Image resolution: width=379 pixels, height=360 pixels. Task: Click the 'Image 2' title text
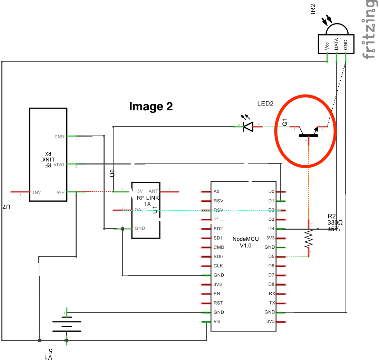151,107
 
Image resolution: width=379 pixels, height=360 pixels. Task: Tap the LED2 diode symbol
248,127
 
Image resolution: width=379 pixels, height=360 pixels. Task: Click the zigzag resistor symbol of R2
308,239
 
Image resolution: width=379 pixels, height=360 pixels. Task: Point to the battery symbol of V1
67,324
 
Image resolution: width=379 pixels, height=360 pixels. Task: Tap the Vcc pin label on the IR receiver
327,47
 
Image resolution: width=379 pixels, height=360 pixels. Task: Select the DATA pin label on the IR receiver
336,45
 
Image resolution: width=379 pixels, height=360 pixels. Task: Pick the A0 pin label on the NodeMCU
216,191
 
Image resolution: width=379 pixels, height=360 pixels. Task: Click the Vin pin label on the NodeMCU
217,321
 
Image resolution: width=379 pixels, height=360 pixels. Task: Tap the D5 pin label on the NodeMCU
271,257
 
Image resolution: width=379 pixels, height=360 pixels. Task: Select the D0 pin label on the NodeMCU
271,191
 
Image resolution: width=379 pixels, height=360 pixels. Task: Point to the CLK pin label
218,266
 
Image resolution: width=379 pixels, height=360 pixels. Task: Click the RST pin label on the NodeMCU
218,303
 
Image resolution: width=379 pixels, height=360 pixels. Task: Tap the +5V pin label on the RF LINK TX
139,191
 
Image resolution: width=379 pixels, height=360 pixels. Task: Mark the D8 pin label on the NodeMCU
271,284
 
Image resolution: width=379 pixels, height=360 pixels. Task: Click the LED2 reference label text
265,103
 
